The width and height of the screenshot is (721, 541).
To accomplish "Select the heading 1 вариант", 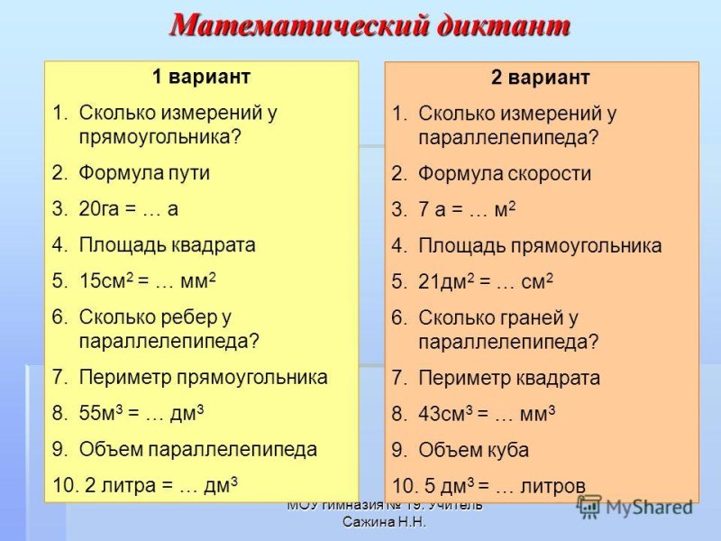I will pyautogui.click(x=200, y=77).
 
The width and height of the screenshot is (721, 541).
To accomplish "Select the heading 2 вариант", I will pyautogui.click(x=540, y=78).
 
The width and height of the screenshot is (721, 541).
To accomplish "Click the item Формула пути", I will pyautogui.click(x=144, y=172).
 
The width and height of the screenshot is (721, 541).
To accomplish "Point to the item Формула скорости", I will pyautogui.click(x=505, y=174).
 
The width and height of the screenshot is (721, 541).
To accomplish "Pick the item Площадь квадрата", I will pyautogui.click(x=167, y=244).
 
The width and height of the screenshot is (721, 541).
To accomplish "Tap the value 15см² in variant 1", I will pyautogui.click(x=103, y=280).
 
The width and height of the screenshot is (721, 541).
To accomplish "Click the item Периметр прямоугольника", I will pyautogui.click(x=203, y=377).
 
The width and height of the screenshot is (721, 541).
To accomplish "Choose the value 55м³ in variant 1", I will pyautogui.click(x=101, y=413).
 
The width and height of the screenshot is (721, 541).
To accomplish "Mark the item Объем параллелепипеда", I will pyautogui.click(x=197, y=449).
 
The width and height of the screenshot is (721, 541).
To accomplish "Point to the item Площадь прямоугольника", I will pyautogui.click(x=540, y=245).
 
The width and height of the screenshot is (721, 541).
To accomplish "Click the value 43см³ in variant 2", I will pyautogui.click(x=443, y=414).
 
